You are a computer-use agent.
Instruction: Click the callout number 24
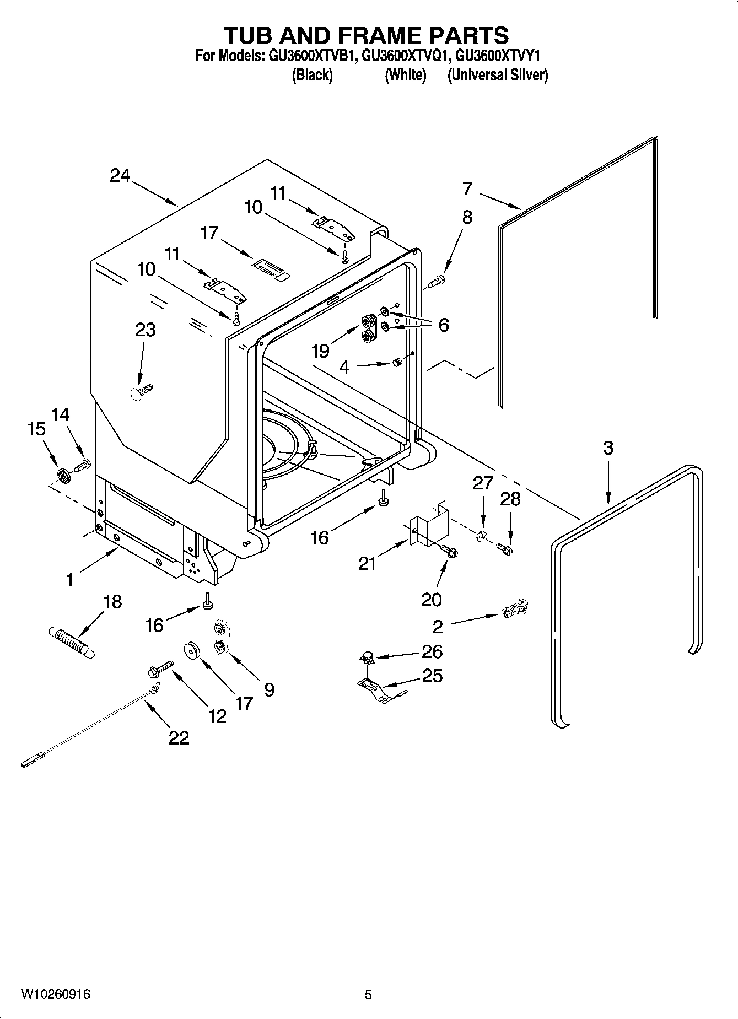point(120,176)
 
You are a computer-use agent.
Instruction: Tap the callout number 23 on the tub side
point(146,330)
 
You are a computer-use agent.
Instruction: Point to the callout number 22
point(179,737)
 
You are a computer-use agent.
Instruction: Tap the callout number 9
point(269,689)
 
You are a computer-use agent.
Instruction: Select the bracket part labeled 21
point(430,525)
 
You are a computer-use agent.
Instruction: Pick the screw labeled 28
point(504,548)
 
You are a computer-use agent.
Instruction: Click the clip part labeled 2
point(516,608)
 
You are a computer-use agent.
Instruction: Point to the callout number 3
point(607,448)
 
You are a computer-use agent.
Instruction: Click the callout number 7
point(467,188)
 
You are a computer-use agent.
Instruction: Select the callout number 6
point(444,325)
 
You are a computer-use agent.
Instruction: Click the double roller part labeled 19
point(368,328)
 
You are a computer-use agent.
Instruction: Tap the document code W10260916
point(56,994)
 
